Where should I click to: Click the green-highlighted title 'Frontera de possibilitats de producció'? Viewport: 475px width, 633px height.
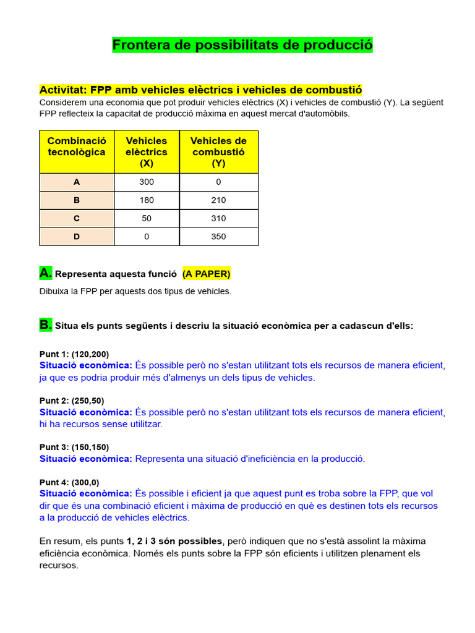[242, 45]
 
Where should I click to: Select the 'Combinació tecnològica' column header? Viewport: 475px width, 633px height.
[77, 151]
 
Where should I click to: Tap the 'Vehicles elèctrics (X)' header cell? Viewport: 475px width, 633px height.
[147, 151]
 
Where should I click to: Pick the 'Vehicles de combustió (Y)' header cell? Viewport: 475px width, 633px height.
[218, 151]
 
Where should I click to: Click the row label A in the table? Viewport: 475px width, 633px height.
[77, 182]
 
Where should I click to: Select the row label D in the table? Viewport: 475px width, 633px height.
[77, 236]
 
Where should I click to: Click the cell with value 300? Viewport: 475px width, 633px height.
[147, 182]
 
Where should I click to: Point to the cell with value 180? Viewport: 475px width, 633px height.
[147, 200]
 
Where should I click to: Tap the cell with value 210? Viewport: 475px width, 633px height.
[218, 200]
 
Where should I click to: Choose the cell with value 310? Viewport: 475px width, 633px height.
[218, 218]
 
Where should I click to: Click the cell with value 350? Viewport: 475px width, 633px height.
[218, 236]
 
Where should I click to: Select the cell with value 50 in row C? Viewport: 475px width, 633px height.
[147, 218]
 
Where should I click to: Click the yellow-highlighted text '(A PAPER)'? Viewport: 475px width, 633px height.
[207, 274]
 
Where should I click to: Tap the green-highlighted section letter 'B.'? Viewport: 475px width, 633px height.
[46, 325]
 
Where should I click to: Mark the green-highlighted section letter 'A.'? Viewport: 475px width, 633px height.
[46, 273]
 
